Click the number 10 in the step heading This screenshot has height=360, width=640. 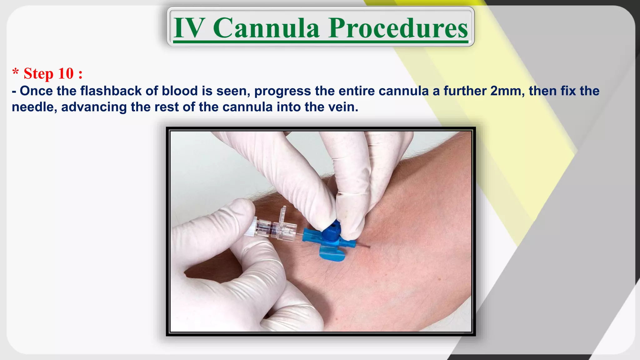pos(66,74)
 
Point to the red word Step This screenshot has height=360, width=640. pos(38,74)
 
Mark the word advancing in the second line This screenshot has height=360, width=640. pos(94,107)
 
